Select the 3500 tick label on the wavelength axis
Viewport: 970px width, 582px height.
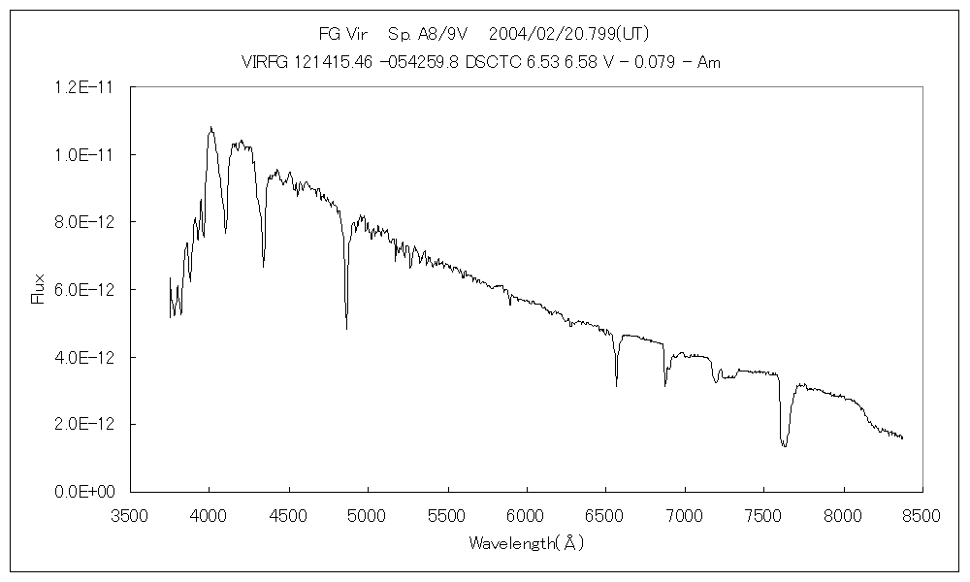tap(130, 515)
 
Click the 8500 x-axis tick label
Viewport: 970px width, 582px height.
tap(921, 515)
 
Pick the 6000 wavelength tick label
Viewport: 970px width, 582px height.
tap(526, 515)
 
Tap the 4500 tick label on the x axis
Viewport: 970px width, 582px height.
tap(288, 515)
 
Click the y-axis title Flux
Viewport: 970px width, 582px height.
tap(39, 289)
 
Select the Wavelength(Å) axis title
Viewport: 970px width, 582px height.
tap(526, 543)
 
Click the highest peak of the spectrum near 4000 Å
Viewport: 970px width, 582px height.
tap(210, 127)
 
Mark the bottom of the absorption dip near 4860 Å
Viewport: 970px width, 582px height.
tap(346, 329)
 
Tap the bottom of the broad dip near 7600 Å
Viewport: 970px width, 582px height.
tap(784, 446)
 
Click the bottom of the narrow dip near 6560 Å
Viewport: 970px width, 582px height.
tap(616, 385)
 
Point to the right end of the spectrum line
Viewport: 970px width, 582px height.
tap(902, 438)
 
